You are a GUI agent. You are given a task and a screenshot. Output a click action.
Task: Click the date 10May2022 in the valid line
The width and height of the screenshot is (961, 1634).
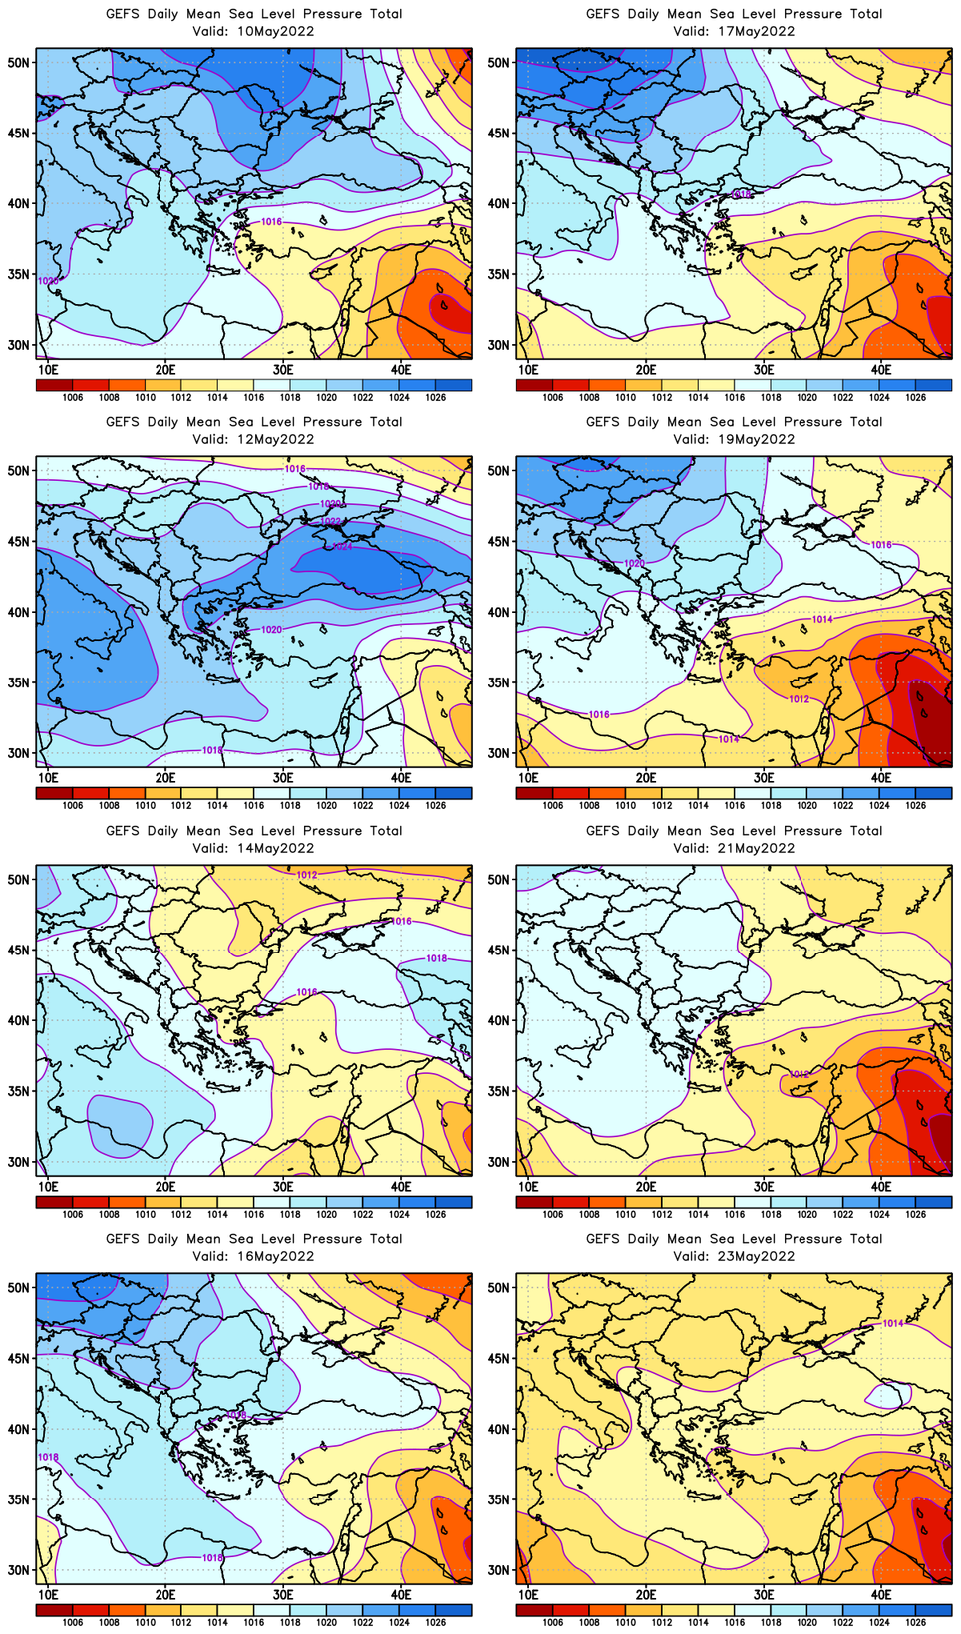(x=280, y=31)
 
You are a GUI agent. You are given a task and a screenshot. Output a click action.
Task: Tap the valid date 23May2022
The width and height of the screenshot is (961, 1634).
(x=761, y=1256)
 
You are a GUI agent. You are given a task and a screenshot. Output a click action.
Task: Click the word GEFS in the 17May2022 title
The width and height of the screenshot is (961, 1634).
(x=603, y=14)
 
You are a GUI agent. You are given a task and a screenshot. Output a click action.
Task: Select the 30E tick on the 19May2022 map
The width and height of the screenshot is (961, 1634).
(x=764, y=778)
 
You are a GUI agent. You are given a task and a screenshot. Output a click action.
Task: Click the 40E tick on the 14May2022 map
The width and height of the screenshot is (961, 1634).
(x=401, y=1187)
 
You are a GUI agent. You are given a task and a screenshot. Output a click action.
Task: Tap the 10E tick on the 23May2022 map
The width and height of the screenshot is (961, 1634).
(x=528, y=1595)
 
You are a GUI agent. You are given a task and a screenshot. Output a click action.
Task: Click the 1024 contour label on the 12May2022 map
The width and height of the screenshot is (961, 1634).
(x=342, y=546)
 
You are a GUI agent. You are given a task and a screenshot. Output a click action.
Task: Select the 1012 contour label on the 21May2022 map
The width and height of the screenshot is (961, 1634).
(x=800, y=1074)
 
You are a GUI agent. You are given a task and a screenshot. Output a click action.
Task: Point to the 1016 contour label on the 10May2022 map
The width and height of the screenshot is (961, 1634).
(x=271, y=222)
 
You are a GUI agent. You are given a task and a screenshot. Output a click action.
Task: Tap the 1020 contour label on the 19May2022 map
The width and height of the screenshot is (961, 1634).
(x=634, y=564)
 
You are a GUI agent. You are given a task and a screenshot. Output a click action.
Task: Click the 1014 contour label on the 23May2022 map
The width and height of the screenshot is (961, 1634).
(x=893, y=1324)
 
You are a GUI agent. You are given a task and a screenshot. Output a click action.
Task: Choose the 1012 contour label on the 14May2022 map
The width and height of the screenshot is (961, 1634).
(x=307, y=875)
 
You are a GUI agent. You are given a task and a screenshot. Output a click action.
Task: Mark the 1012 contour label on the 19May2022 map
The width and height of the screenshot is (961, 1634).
(x=800, y=699)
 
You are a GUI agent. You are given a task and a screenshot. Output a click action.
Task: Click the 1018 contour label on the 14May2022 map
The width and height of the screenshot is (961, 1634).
(x=437, y=958)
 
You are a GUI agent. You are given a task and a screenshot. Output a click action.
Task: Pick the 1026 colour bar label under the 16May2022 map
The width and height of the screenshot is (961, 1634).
(x=436, y=1623)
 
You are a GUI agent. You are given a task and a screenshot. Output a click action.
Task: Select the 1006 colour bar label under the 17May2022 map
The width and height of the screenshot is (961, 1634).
(x=553, y=398)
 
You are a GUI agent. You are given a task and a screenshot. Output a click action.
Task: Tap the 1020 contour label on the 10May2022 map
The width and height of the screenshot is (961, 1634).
(x=47, y=281)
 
